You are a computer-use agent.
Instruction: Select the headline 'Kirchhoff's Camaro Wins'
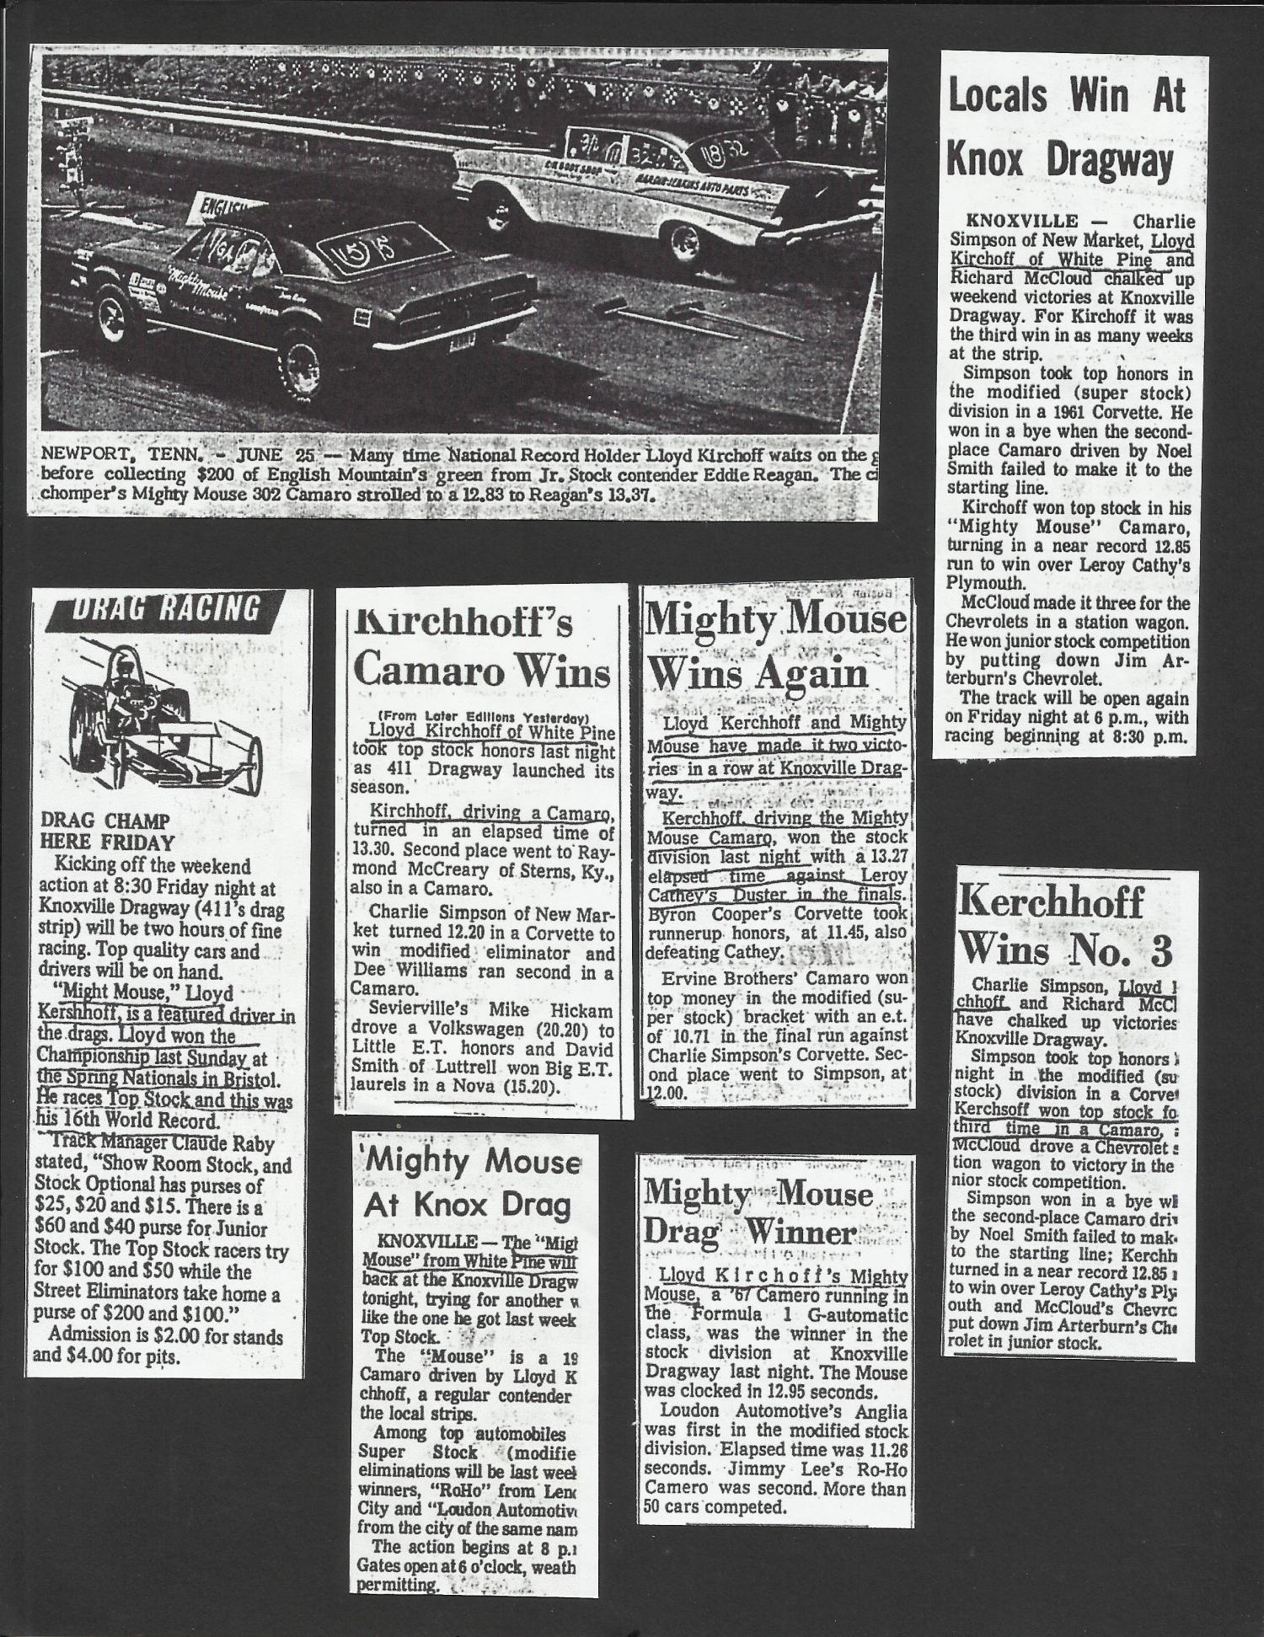[x=481, y=648]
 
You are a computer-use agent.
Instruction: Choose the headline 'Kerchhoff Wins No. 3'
[x=1065, y=926]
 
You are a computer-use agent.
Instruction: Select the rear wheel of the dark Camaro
[x=302, y=365]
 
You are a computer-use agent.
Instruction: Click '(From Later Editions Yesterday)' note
[x=483, y=719]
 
